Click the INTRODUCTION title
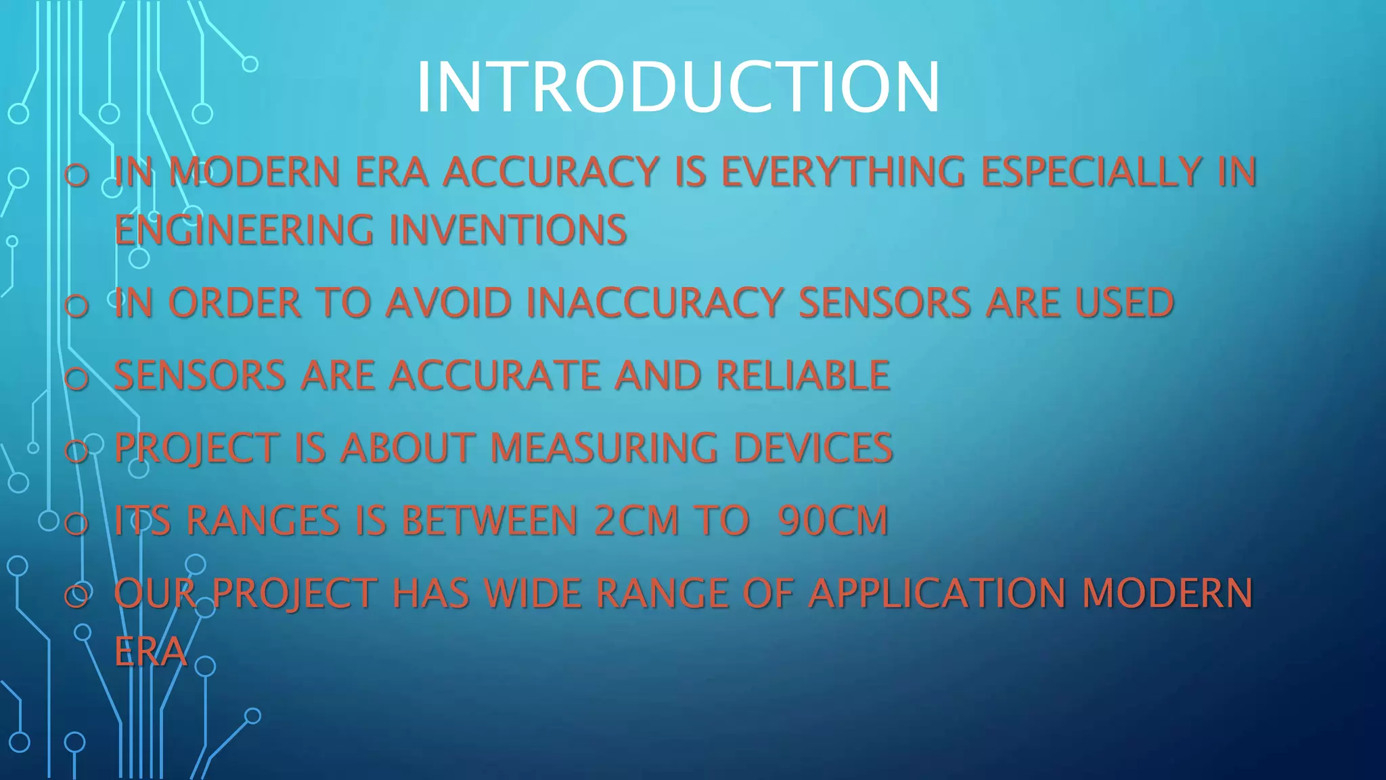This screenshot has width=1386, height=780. [678, 87]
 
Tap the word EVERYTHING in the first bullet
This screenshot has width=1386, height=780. [843, 171]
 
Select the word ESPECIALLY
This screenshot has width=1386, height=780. [1091, 171]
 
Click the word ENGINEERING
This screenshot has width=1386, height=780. [244, 230]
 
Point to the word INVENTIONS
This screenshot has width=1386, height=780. [508, 230]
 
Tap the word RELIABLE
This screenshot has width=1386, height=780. [803, 375]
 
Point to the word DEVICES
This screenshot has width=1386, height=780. [813, 448]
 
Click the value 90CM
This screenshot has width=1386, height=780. [833, 521]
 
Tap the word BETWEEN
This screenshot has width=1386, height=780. [489, 521]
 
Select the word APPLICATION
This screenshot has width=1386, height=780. [937, 593]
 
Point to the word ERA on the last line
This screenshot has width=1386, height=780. [150, 652]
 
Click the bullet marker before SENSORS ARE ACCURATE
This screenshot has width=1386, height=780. [76, 378]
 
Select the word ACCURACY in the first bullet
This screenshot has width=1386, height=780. [551, 171]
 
